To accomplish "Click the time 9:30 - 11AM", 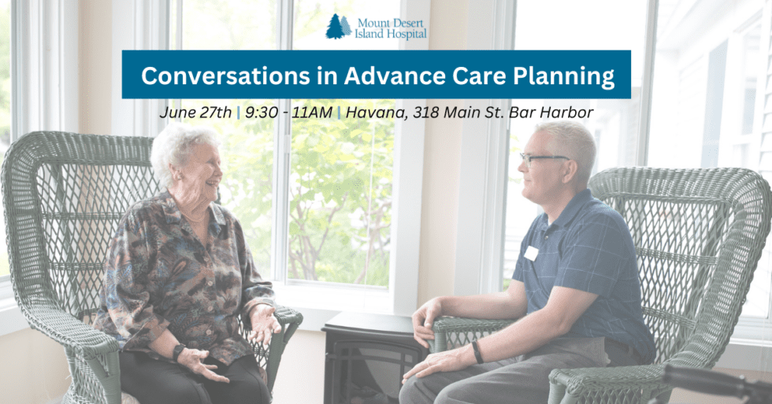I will (288, 112).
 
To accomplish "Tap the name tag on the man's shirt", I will (531, 253).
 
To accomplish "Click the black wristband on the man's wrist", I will (477, 351).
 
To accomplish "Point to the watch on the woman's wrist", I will (179, 353).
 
